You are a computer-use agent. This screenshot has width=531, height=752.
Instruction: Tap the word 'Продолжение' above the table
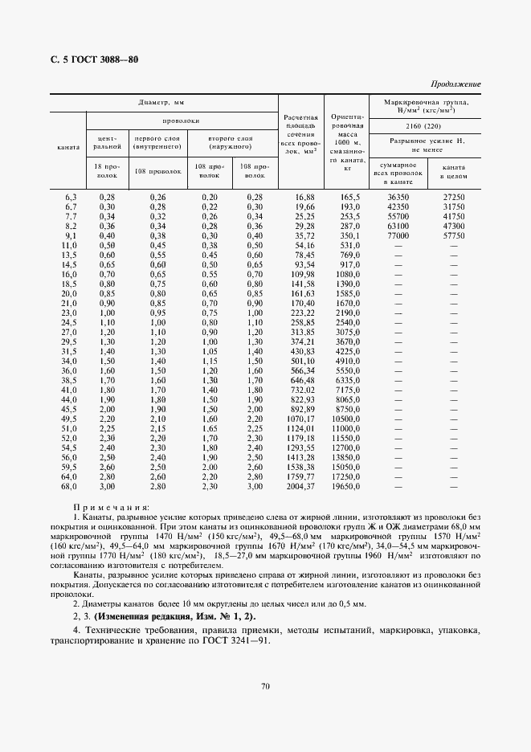[x=455, y=84]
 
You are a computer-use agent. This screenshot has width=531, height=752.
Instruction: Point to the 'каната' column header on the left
[x=68, y=148]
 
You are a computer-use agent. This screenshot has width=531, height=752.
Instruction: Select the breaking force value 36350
[x=398, y=196]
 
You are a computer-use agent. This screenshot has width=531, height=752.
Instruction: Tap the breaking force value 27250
[x=453, y=196]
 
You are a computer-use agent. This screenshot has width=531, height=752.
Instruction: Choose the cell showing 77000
[x=398, y=236]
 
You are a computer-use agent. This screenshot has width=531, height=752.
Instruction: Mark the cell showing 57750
[x=453, y=236]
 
